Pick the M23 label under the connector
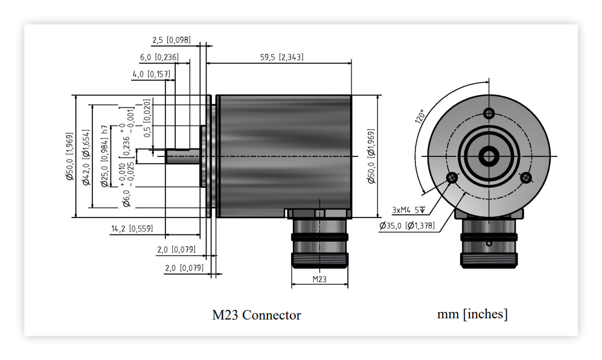(x=319, y=279)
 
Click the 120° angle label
(x=420, y=116)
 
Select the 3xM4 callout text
(x=409, y=210)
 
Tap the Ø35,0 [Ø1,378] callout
(x=407, y=225)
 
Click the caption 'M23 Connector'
(x=257, y=315)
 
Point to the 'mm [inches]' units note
(x=472, y=314)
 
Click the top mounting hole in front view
(x=488, y=114)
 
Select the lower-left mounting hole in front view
(x=452, y=178)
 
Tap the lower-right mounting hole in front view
(x=525, y=178)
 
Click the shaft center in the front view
(x=488, y=156)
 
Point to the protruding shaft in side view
(x=183, y=156)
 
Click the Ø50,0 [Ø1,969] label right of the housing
(x=371, y=156)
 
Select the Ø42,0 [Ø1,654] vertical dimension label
(x=86, y=157)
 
